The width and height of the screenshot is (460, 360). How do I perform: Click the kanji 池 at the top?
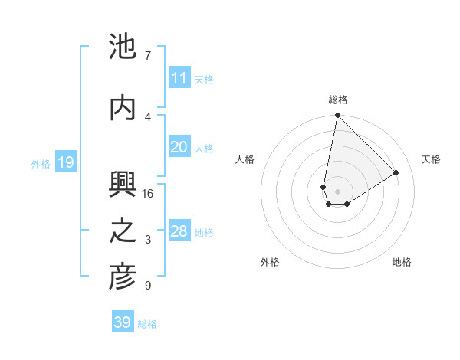click(123, 47)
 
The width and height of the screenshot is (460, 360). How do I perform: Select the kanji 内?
click(123, 108)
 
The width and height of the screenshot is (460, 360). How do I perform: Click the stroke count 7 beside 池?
click(147, 56)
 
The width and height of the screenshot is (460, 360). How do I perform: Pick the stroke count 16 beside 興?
click(148, 194)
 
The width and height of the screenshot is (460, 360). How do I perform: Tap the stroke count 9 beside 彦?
click(147, 286)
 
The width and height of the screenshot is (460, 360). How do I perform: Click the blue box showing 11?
click(179, 78)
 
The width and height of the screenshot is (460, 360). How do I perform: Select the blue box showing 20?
click(179, 147)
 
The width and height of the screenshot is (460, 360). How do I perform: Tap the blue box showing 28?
click(179, 231)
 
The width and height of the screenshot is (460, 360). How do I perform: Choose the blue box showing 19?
click(65, 162)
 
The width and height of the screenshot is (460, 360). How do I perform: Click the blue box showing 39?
click(123, 322)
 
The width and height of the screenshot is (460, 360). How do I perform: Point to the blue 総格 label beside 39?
click(147, 324)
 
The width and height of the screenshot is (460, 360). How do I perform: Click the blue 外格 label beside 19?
click(41, 163)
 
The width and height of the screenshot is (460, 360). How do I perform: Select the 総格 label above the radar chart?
click(337, 100)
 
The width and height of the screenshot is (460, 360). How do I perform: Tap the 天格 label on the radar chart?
click(431, 159)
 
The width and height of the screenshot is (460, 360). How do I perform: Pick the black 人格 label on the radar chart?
click(245, 159)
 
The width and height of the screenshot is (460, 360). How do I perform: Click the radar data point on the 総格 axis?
click(337, 116)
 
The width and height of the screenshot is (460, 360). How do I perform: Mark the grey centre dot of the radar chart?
click(337, 190)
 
